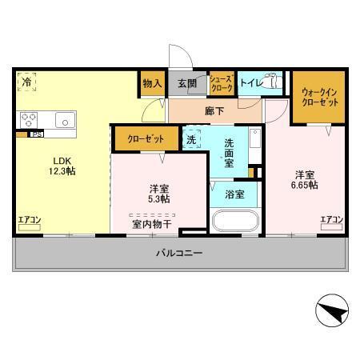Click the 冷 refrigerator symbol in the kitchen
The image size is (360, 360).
tap(27, 82)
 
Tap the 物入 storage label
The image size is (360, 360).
tap(152, 83)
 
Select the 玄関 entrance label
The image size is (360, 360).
tap(187, 83)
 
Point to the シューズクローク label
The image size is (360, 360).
tap(221, 83)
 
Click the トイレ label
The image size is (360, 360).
tap(250, 82)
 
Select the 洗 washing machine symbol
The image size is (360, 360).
tap(192, 138)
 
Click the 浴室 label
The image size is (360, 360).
tap(234, 194)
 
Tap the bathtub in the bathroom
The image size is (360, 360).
tap(234, 220)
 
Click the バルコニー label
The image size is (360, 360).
tap(178, 254)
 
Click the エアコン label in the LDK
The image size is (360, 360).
tap(29, 219)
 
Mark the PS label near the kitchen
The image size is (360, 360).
tap(36, 135)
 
